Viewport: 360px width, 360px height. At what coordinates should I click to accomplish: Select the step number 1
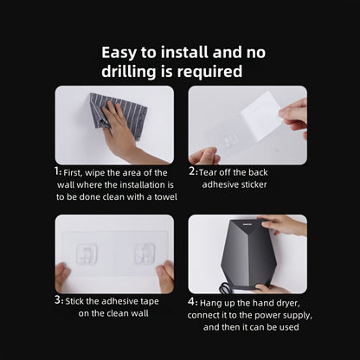coord(57,172)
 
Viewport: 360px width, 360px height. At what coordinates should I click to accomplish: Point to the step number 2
coord(193,172)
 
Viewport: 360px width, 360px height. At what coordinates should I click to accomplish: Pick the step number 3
coord(58,300)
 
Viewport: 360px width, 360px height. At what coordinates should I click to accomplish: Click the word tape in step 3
coord(148,300)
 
